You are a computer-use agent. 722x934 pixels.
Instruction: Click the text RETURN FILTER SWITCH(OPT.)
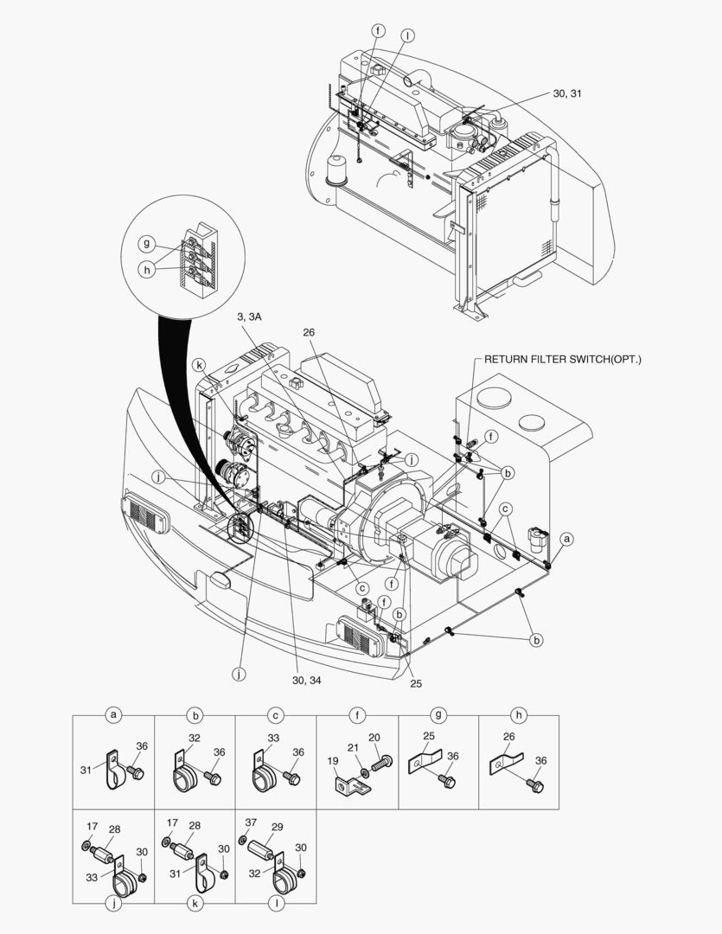(563, 359)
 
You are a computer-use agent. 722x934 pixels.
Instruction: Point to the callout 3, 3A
(249, 318)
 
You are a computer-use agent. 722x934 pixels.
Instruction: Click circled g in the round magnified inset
(149, 245)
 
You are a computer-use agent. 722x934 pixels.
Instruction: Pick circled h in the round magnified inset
(149, 269)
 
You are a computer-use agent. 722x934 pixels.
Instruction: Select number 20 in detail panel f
(374, 738)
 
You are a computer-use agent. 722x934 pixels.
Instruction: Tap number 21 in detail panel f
(353, 748)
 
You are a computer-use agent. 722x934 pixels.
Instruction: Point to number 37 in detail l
(250, 823)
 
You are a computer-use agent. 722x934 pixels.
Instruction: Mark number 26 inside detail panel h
(510, 737)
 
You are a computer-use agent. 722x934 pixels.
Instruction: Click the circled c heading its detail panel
(276, 715)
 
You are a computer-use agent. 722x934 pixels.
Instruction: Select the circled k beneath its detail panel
(195, 903)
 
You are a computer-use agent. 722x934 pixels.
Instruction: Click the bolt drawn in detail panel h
(534, 785)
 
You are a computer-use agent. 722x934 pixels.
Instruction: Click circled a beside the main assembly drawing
(567, 538)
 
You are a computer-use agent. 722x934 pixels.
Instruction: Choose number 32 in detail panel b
(194, 738)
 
